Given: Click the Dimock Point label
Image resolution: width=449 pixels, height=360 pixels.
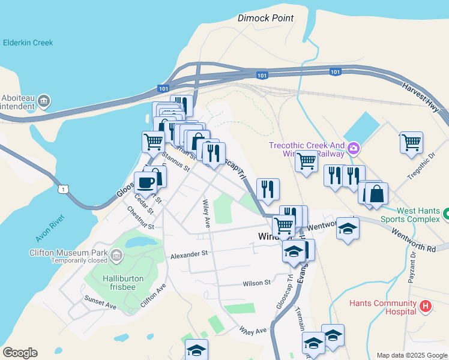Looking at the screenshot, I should coord(265,18).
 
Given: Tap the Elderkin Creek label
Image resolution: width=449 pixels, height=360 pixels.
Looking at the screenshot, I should coord(28,43).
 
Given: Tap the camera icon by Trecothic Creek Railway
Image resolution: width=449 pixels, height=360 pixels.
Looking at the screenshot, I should coord(353,147).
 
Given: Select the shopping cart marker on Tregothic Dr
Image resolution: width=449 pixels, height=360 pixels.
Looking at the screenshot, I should coord(411,143).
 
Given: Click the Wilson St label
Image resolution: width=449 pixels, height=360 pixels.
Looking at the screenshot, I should coord(257,283).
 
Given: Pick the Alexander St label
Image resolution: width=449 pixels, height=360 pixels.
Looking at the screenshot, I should coord(188,254).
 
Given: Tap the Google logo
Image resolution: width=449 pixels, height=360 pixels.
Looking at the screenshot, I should coord(20,353).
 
